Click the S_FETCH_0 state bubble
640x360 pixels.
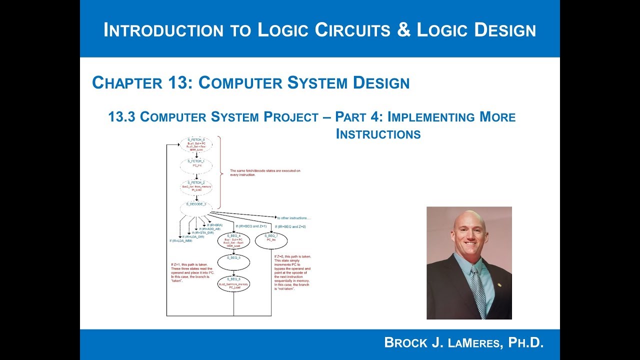coord(196,144)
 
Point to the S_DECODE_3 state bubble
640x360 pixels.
coord(196,206)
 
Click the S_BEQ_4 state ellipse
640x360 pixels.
coord(233,241)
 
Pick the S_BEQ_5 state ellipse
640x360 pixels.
coord(233,262)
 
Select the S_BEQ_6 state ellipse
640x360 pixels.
coord(233,283)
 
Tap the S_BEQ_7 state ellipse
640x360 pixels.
coord(271,240)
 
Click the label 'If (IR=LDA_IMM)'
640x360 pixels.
coord(180,241)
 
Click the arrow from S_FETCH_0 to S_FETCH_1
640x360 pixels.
coord(196,155)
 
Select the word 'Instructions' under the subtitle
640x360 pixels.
coord(378,134)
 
